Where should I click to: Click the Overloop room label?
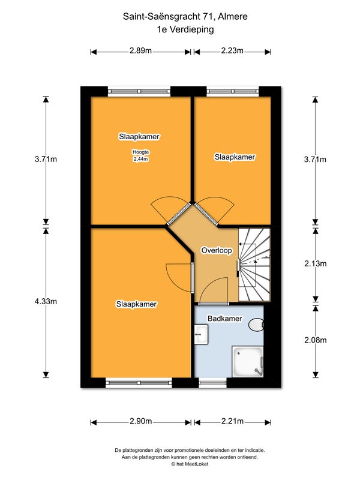pos(217,250)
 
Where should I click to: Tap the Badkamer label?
pos(224,319)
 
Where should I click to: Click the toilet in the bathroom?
pos(256,325)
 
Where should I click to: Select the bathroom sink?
pos(202,334)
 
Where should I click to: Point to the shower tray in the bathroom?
pos(248,362)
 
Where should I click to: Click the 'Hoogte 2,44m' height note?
pos(140,155)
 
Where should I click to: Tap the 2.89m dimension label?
pos(140,50)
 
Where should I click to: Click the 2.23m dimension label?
pos(232,50)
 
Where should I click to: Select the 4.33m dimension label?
pos(46,301)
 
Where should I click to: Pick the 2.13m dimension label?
pos(316,263)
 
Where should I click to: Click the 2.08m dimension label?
pos(316,340)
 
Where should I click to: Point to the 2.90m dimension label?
pos(141,421)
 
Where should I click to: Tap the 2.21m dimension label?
pos(232,421)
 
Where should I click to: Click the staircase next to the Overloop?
pos(254,265)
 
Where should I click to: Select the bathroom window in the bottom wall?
pos(213,383)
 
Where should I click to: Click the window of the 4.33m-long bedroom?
pos(139,383)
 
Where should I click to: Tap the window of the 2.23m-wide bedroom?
pos(233,91)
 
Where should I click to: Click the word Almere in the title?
pos(233,17)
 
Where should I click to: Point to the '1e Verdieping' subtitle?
pos(185,29)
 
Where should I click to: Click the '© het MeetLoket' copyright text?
pos(190,464)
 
